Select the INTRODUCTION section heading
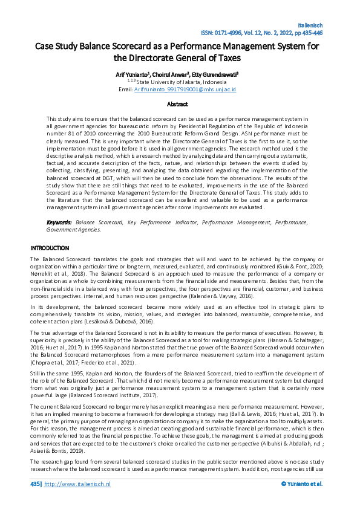pyautogui.click(x=50, y=248)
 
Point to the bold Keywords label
pyautogui.click(x=59, y=223)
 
